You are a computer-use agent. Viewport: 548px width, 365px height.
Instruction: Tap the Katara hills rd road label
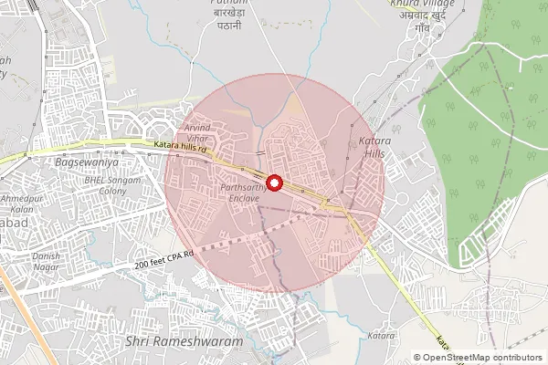[181, 146]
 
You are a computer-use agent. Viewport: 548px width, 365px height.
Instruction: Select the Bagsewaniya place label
[87, 162]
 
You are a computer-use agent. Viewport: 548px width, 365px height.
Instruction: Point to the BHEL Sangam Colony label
[112, 186]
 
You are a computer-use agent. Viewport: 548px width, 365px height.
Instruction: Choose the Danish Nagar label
[46, 262]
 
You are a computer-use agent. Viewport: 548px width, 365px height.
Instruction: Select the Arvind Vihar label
[197, 133]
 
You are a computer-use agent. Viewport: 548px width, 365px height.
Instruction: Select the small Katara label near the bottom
[381, 337]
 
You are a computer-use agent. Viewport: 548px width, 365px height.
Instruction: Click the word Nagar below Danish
[46, 267]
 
